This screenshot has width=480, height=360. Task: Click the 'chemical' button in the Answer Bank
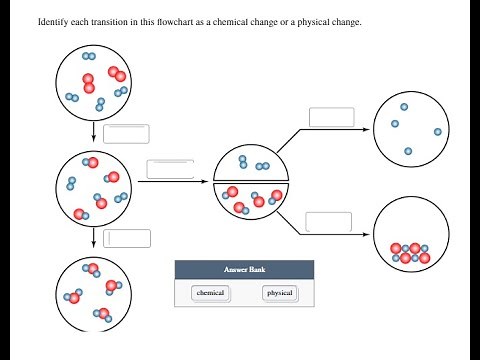(x=210, y=293)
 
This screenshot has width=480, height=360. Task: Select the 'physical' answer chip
(x=280, y=293)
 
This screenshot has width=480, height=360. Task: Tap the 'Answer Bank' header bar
(x=243, y=270)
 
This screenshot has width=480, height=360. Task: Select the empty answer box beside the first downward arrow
(x=126, y=134)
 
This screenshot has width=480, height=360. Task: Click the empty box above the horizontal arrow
(x=170, y=169)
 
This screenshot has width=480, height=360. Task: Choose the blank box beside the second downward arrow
(x=128, y=238)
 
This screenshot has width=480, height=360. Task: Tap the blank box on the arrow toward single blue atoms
(x=331, y=117)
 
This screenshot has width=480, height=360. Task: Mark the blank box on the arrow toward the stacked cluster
(x=329, y=222)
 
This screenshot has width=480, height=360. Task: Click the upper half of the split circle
(x=252, y=162)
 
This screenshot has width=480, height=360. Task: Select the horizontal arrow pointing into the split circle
(x=174, y=184)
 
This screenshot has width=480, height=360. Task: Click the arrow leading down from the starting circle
(x=93, y=133)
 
